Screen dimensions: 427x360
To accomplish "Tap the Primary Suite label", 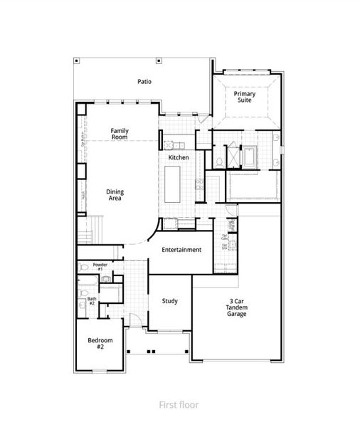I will (245, 97).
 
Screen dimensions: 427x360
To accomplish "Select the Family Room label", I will (119, 133).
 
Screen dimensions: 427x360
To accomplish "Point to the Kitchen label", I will (178, 157).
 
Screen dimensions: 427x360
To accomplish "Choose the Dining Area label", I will (115, 194).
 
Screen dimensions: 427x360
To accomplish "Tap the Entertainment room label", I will (181, 250).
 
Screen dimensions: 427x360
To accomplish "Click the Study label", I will (169, 301).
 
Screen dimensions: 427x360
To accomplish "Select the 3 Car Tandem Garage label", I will (237, 307).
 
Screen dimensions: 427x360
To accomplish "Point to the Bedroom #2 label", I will (96, 343).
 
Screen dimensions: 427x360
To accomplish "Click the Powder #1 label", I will (99, 267).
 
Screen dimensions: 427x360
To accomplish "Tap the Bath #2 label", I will (92, 301).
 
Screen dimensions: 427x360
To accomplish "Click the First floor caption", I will (179, 405).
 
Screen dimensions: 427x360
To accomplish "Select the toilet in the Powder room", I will (85, 268).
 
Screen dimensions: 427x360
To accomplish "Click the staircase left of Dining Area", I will (88, 231).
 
